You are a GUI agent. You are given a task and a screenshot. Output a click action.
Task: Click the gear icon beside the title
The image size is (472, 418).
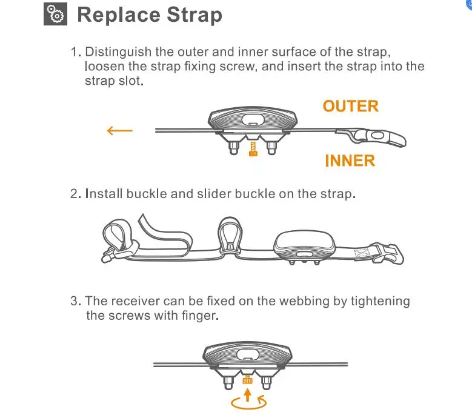point(55,14)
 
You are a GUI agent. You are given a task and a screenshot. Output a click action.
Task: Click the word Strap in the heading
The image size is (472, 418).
point(194,15)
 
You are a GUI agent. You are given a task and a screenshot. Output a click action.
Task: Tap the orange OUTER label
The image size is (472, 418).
point(350,106)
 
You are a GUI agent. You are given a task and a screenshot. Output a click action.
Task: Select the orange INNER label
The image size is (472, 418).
point(350,161)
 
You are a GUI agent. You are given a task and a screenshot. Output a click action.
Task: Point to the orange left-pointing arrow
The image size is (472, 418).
point(120,131)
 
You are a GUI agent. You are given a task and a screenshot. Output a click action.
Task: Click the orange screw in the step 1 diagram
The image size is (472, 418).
point(253,149)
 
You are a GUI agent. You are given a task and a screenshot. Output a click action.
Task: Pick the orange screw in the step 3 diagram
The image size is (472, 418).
point(247,379)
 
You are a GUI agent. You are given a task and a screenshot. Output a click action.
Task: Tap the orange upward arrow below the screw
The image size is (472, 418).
point(247,395)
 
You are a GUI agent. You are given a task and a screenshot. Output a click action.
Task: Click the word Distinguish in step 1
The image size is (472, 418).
point(118,52)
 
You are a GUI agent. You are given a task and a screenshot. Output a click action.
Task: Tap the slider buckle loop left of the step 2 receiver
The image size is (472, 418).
point(230,235)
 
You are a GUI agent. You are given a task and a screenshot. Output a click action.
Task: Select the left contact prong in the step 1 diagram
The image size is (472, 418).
point(234,147)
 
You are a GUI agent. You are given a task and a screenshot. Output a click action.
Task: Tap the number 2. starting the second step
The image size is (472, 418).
point(76,194)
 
